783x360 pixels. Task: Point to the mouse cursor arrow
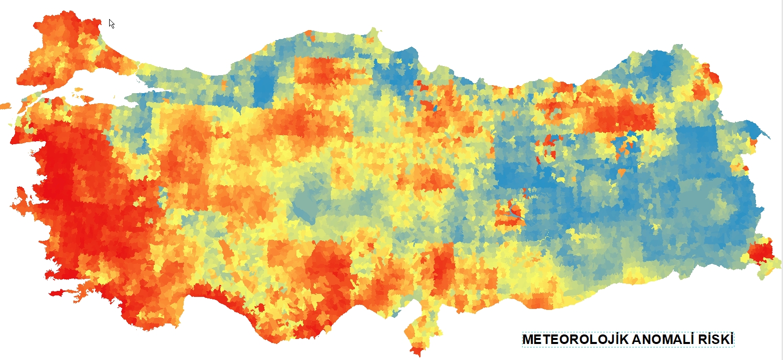(111, 23)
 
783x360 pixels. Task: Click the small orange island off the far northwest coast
(5, 106)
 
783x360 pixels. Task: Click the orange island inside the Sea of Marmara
(78, 90)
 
